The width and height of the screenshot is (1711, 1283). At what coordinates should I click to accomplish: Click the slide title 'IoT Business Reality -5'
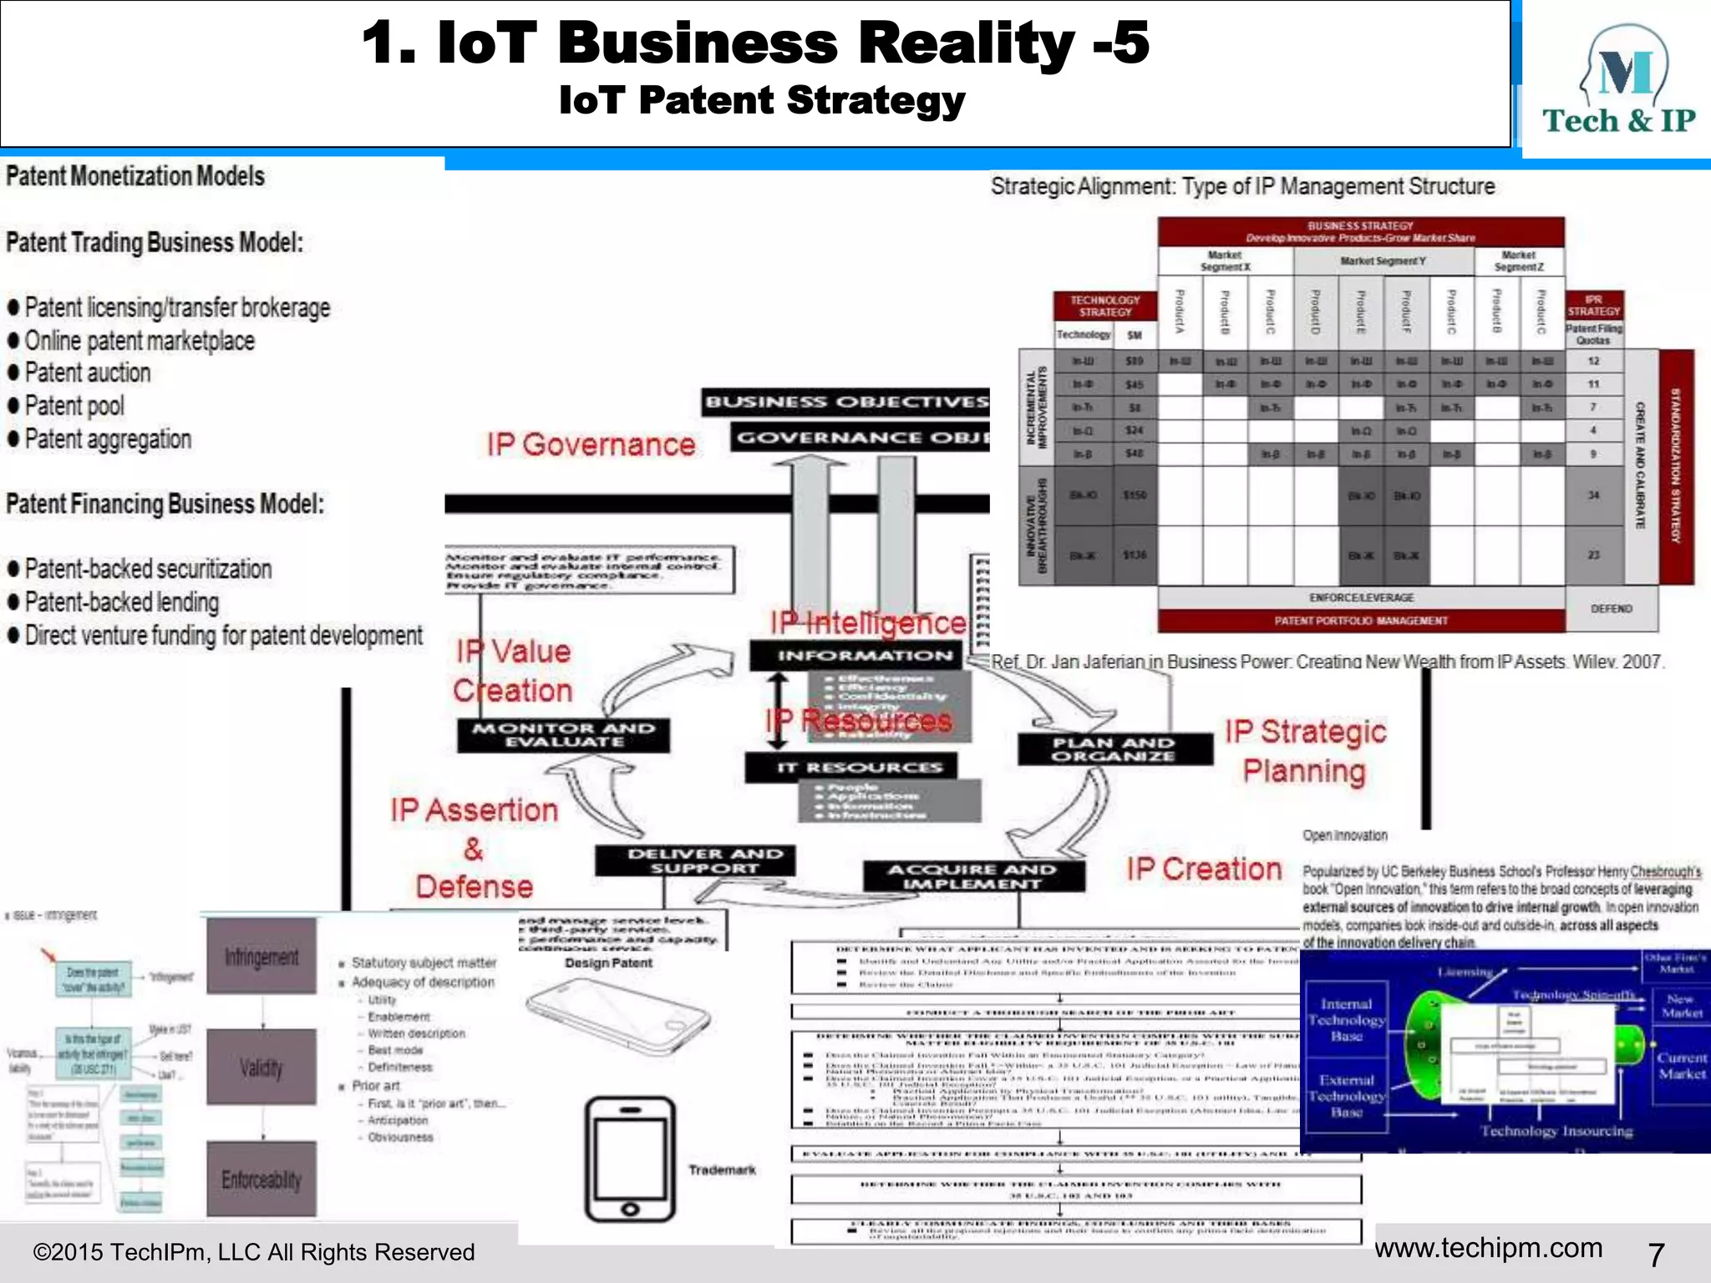pos(755,43)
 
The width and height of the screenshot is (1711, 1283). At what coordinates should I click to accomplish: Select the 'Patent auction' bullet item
pos(88,373)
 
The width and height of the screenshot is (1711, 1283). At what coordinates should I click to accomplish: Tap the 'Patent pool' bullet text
pos(74,407)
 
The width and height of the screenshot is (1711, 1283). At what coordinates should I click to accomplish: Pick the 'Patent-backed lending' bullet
pos(122,602)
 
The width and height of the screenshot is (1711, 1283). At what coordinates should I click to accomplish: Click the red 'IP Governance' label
pos(591,445)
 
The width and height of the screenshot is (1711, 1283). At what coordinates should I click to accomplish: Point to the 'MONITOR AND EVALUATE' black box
pos(563,735)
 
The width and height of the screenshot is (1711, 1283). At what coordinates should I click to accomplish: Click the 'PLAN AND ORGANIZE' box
pos(1114,749)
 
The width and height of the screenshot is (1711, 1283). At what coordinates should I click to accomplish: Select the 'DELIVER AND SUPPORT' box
pos(694,861)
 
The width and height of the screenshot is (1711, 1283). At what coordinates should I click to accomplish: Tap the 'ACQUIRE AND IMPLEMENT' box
pos(973,876)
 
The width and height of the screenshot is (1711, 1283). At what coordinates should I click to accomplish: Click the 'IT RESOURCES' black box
pos(850,767)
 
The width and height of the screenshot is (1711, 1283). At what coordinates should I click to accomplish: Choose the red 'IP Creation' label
pos(1203,870)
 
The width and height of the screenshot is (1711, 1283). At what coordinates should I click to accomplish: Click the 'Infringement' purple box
pos(261,956)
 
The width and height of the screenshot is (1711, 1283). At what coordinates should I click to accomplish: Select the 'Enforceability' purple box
pos(261,1179)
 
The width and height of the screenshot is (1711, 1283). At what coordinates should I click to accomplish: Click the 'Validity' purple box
pos(261,1067)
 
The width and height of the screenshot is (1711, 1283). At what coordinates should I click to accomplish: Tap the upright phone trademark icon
pos(630,1159)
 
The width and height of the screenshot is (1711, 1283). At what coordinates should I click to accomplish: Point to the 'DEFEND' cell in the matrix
pos(1611,609)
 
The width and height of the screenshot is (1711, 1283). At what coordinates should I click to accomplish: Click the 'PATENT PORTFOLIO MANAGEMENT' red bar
pos(1360,621)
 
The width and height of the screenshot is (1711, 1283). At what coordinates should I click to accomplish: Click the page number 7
pos(1656,1254)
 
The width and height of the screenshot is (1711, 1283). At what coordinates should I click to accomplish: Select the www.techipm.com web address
pos(1488,1248)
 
